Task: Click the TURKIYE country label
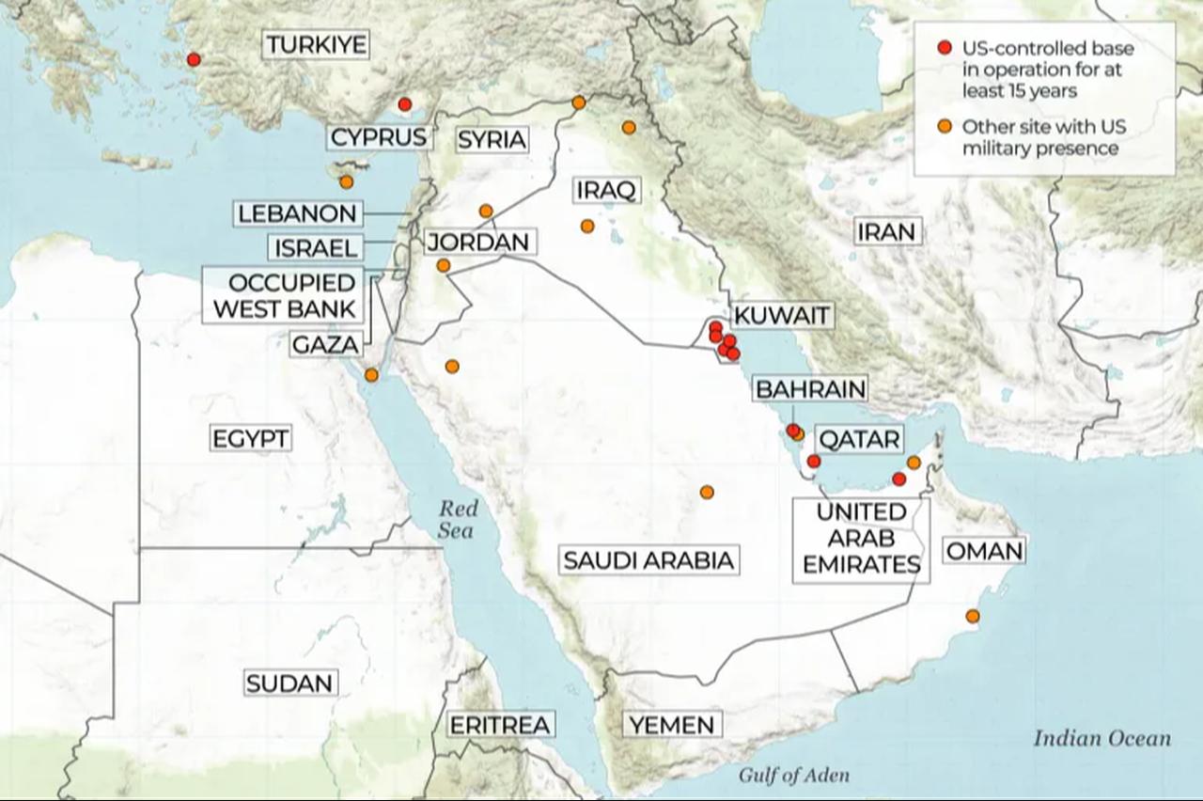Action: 315,44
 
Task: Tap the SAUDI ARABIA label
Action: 648,561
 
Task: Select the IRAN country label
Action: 886,231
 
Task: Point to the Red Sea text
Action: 458,520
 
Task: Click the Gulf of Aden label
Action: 793,776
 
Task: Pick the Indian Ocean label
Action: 1101,738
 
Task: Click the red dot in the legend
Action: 945,48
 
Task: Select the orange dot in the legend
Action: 945,127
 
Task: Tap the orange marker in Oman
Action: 973,617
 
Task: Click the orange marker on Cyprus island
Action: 347,181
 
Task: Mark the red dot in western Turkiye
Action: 194,59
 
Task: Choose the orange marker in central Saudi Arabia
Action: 707,492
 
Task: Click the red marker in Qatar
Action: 814,461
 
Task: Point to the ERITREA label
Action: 499,725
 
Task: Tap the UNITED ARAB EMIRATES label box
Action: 861,539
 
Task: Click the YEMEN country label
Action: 672,725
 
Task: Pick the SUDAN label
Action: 289,683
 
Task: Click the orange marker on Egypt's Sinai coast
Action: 371,374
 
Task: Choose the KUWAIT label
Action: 782,315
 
